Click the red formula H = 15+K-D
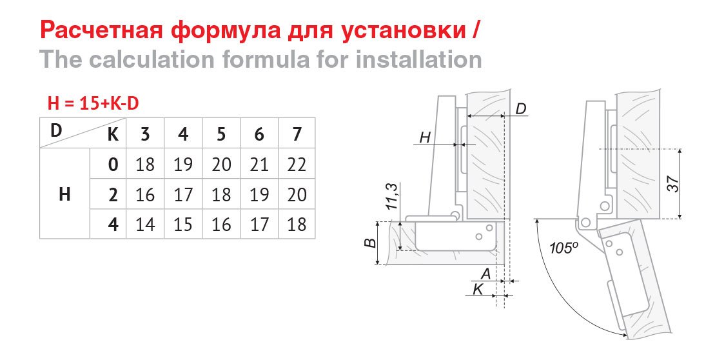(x=93, y=104)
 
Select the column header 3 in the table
(x=145, y=134)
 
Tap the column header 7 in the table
(x=297, y=134)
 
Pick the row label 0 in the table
(x=113, y=165)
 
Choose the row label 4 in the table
(x=113, y=224)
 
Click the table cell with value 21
(x=259, y=165)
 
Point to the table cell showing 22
(x=297, y=165)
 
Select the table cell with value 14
(x=145, y=224)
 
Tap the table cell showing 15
(x=183, y=224)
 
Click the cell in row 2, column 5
(x=221, y=195)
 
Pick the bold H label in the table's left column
(x=64, y=194)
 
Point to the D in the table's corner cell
(x=55, y=130)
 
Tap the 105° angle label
(x=563, y=248)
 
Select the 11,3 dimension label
(x=392, y=196)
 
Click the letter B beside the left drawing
(x=371, y=243)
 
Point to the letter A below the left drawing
(x=486, y=274)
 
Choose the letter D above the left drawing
(x=521, y=108)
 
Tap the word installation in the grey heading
(x=418, y=60)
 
